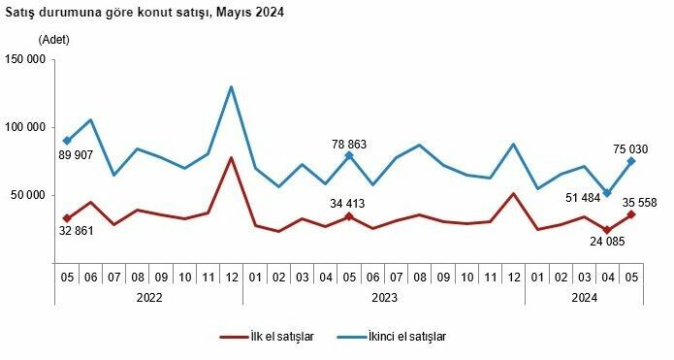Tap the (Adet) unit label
(x=55, y=41)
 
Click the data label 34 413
(x=348, y=204)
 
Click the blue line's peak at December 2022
(x=231, y=86)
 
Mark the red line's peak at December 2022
(x=231, y=157)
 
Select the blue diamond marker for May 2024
(x=631, y=161)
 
